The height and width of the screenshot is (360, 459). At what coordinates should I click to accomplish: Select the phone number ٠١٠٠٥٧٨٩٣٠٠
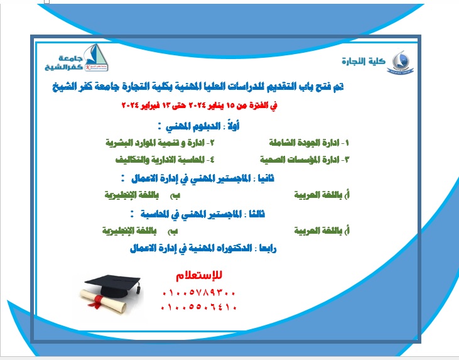pos(199,293)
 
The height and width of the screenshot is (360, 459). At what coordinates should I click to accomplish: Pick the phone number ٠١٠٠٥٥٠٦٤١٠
pos(199,308)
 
